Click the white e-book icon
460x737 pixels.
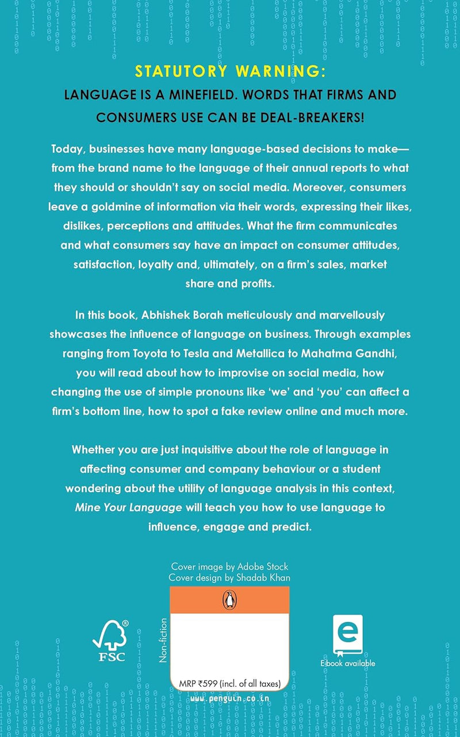tap(347, 634)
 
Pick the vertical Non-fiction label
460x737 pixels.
tap(163, 640)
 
